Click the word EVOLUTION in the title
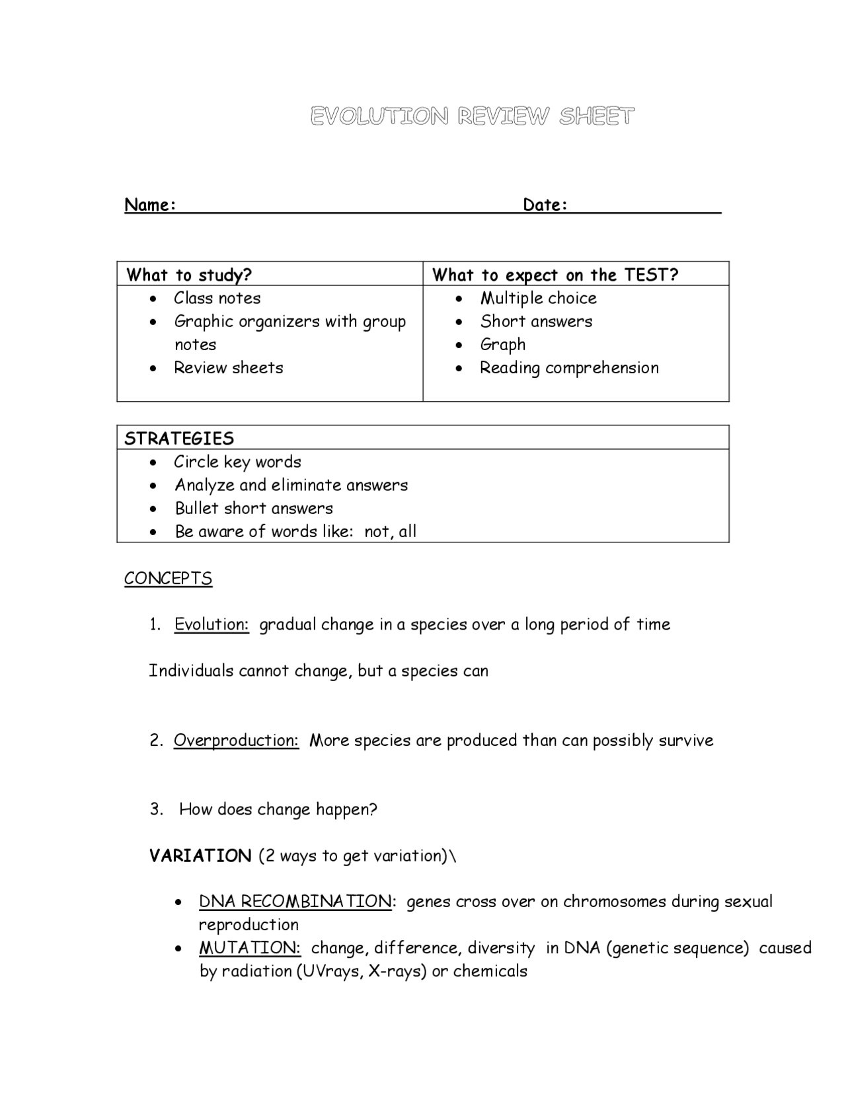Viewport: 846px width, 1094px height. pyautogui.click(x=379, y=116)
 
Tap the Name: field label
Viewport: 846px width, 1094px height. pyautogui.click(x=150, y=205)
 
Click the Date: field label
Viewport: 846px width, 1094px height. pyautogui.click(x=545, y=205)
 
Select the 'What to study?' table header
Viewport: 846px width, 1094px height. pyautogui.click(x=189, y=275)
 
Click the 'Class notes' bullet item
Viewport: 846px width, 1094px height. pyautogui.click(x=217, y=298)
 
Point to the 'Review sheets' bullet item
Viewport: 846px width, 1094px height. pyautogui.click(x=228, y=367)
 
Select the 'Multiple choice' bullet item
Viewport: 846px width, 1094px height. pyautogui.click(x=538, y=298)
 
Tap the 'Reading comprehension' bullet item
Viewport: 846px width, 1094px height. pyautogui.click(x=569, y=367)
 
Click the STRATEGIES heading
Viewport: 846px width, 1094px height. pyautogui.click(x=179, y=439)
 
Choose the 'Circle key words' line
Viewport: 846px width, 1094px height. pyautogui.click(x=237, y=462)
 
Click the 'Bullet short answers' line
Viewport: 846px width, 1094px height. pyautogui.click(x=254, y=508)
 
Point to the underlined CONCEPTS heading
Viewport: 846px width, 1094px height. pyautogui.click(x=168, y=578)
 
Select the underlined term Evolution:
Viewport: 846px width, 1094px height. pyautogui.click(x=211, y=624)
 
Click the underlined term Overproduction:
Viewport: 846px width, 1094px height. pyautogui.click(x=236, y=740)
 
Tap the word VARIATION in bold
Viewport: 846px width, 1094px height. pyautogui.click(x=200, y=856)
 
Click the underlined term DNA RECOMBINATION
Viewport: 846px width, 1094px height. pyautogui.click(x=295, y=902)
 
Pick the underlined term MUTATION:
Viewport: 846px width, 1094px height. pyautogui.click(x=250, y=948)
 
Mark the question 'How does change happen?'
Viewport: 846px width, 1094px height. pyautogui.click(x=278, y=809)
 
